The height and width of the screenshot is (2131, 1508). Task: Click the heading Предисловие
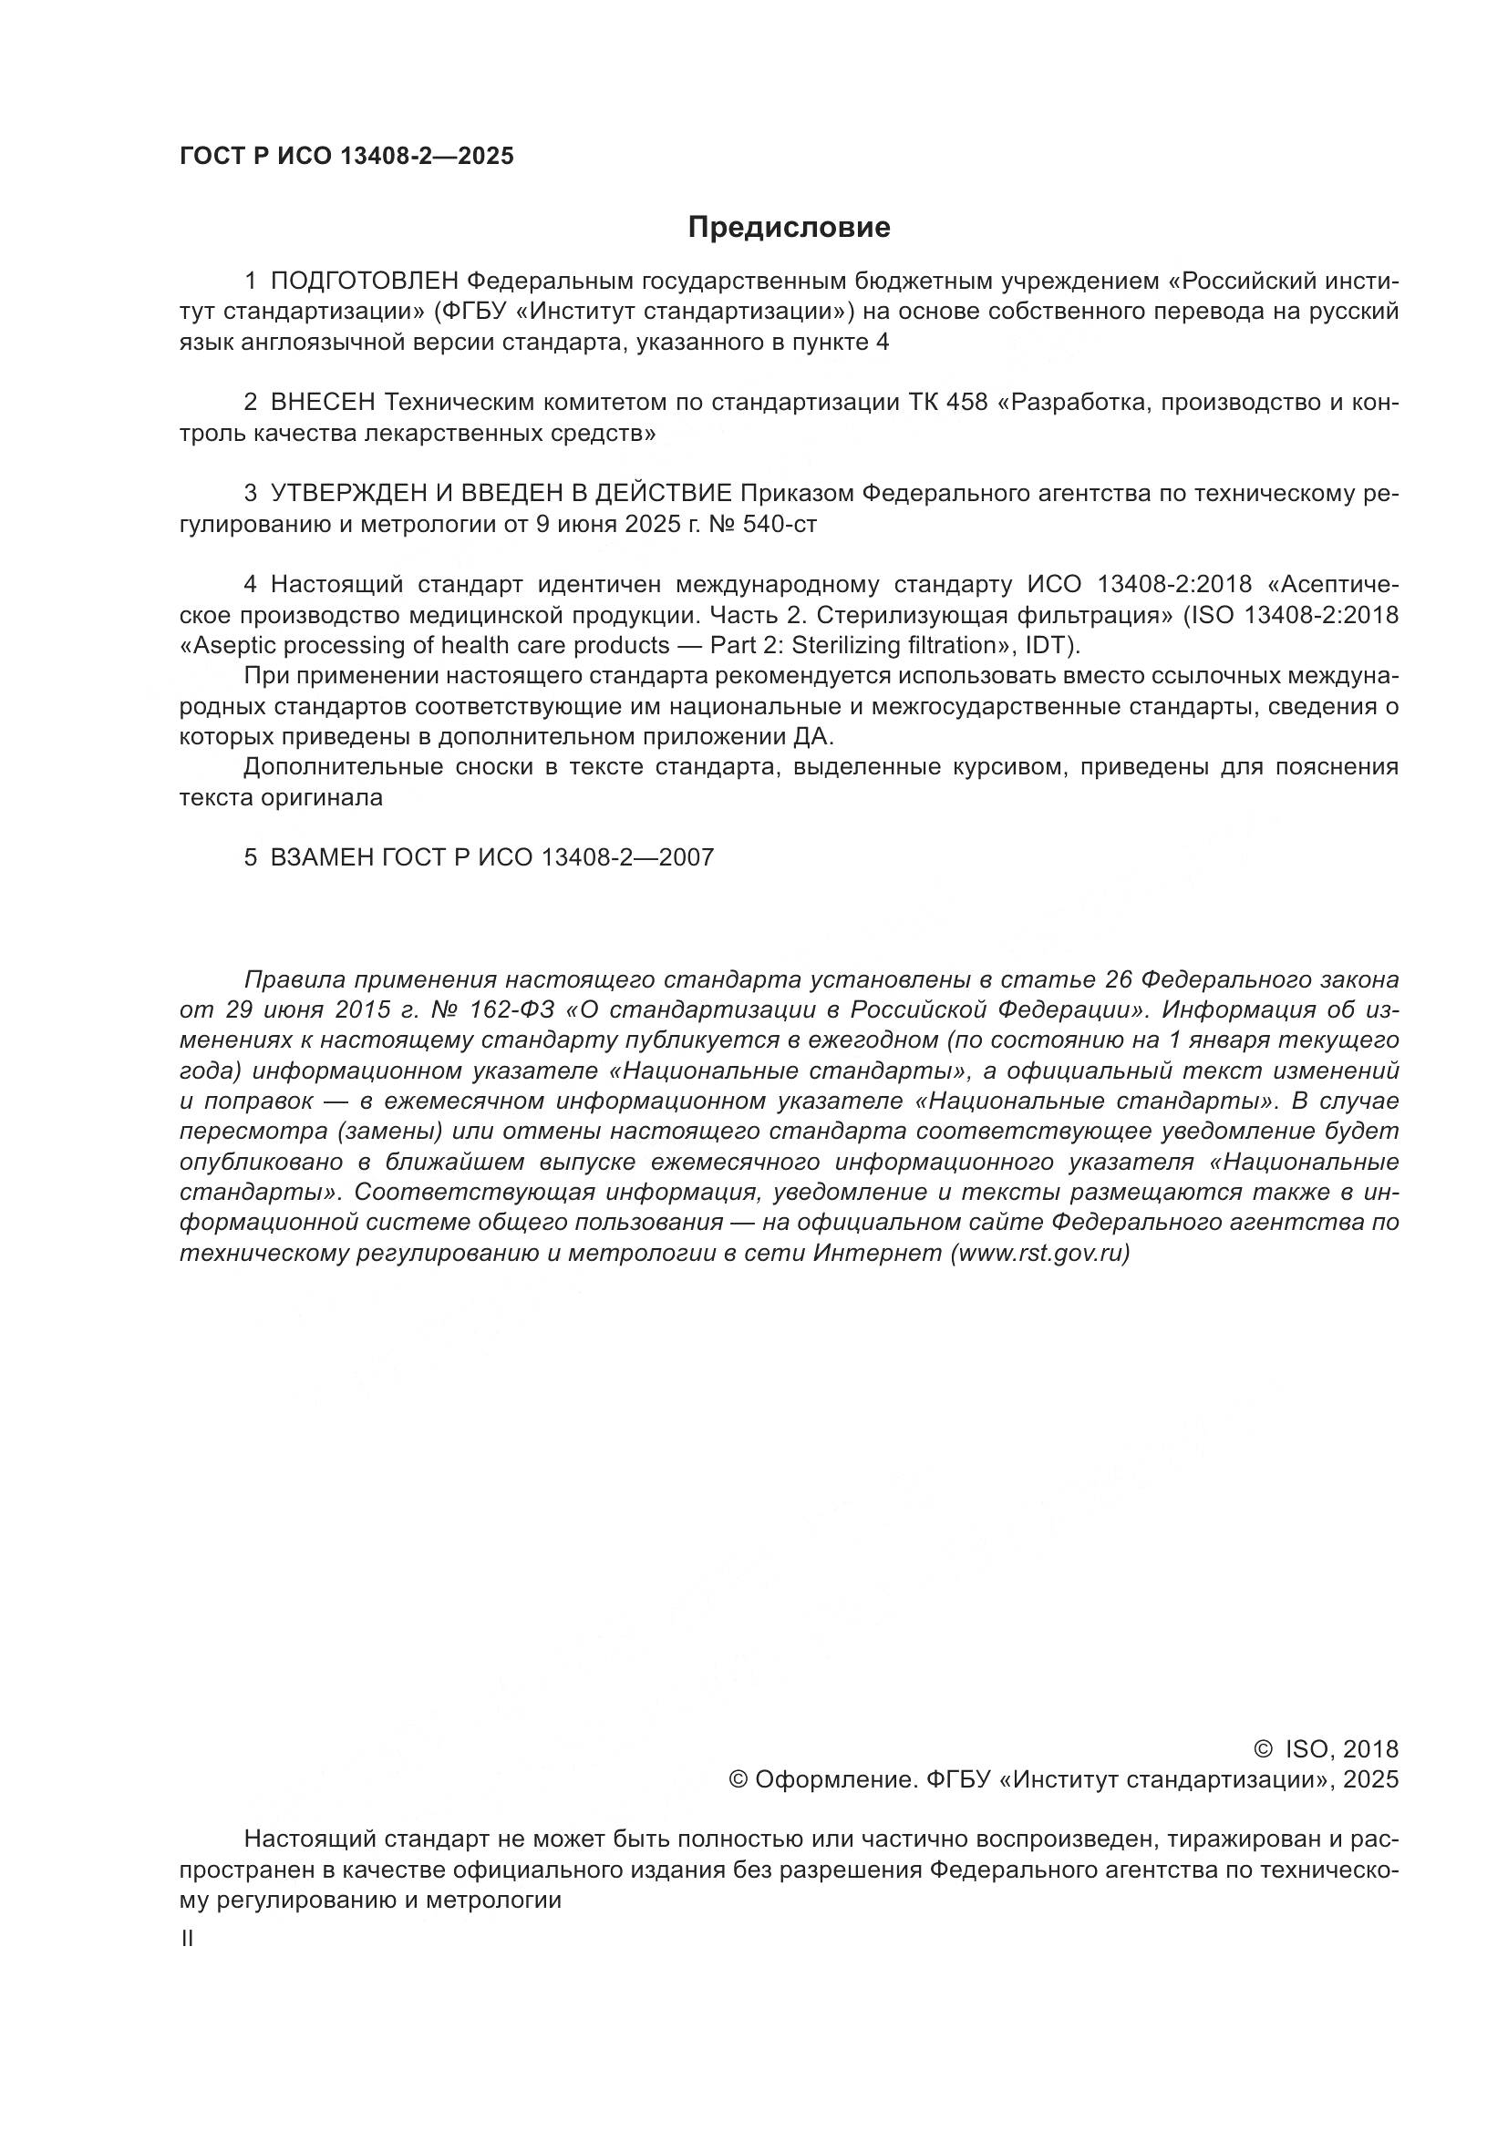[x=789, y=228]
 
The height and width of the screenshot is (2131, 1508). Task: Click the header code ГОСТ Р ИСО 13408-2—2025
[x=346, y=157]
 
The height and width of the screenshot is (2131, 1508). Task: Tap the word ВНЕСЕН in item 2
[x=322, y=403]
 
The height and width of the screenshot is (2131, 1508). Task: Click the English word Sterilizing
[x=843, y=645]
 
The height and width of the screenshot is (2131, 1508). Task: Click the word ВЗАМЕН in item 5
[x=322, y=857]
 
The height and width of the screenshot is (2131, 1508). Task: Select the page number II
[x=188, y=1939]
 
